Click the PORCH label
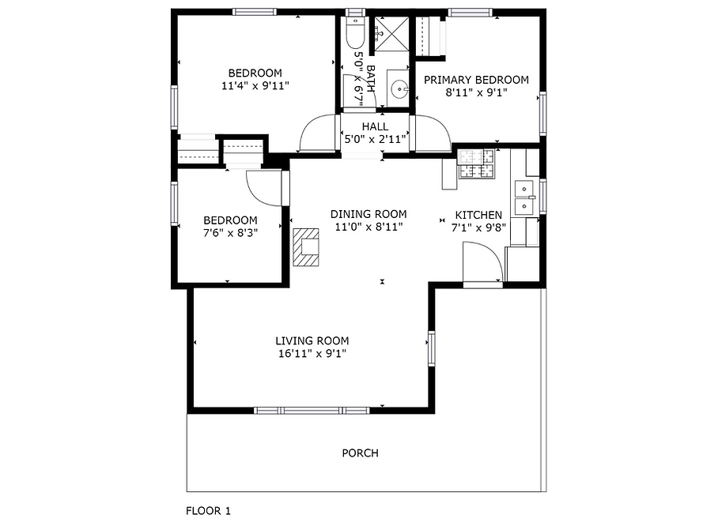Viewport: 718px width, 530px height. click(360, 453)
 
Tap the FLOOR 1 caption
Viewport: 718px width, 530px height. click(208, 511)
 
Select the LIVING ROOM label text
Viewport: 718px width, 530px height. click(312, 340)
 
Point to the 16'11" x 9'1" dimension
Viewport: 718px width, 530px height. click(312, 354)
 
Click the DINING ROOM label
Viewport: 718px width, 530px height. click(368, 214)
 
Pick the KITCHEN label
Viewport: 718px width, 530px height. click(478, 215)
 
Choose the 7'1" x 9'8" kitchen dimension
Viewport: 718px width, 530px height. click(478, 227)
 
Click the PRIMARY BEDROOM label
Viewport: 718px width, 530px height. click(476, 80)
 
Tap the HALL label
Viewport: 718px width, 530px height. click(375, 126)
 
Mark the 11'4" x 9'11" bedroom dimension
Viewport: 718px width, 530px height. click(255, 85)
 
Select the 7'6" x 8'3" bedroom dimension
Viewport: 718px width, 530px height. click(230, 233)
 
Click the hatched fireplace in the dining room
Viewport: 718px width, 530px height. click(306, 247)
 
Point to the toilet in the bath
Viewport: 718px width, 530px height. click(355, 32)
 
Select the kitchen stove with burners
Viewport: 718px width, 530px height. click(476, 164)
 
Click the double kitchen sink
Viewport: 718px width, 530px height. click(523, 197)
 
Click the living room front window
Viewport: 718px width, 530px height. click(312, 411)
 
